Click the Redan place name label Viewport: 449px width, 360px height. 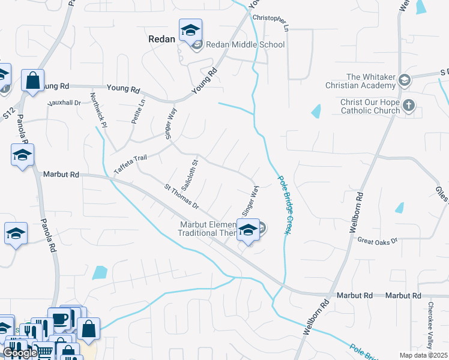click(x=161, y=39)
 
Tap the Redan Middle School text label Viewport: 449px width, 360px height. click(x=245, y=44)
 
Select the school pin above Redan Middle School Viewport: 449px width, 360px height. click(x=191, y=30)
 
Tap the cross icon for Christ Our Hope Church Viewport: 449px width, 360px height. click(x=408, y=106)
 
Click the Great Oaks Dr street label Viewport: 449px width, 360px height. click(x=378, y=241)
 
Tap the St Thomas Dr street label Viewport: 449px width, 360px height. click(x=181, y=196)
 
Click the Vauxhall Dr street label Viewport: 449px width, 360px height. click(x=64, y=103)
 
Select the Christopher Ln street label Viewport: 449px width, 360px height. click(x=271, y=23)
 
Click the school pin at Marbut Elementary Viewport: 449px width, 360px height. click(x=247, y=230)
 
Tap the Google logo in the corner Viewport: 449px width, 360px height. click(x=20, y=353)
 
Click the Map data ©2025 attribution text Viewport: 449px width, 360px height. click(x=424, y=355)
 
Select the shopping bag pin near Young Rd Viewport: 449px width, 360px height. click(x=32, y=80)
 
